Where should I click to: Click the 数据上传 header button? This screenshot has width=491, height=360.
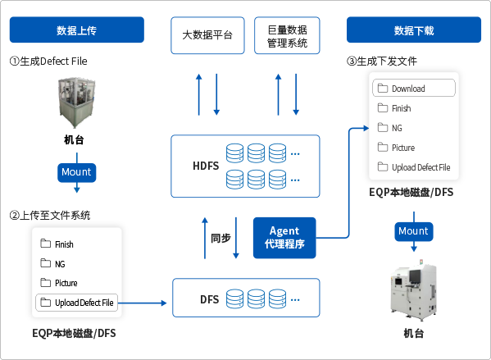tap(76, 32)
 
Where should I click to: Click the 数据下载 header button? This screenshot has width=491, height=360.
tap(413, 32)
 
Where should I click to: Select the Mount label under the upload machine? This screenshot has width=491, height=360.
tap(77, 172)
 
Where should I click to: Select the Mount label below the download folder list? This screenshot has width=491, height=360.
tap(413, 230)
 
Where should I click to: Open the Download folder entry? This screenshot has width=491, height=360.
tap(413, 89)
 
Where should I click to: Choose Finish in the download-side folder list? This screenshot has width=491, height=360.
tap(401, 108)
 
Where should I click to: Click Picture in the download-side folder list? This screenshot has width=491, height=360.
tap(402, 148)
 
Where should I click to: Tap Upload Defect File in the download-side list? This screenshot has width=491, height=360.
tap(421, 167)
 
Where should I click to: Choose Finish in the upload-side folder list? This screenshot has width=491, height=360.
tap(64, 244)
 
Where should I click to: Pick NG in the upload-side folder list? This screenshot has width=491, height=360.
tap(60, 264)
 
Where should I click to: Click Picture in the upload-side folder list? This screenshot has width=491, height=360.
tap(66, 284)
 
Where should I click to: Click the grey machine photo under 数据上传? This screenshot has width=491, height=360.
tap(76, 103)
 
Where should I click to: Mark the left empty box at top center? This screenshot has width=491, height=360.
tap(207, 36)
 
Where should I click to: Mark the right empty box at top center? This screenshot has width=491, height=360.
tap(287, 36)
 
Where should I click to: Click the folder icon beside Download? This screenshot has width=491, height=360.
tap(382, 89)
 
